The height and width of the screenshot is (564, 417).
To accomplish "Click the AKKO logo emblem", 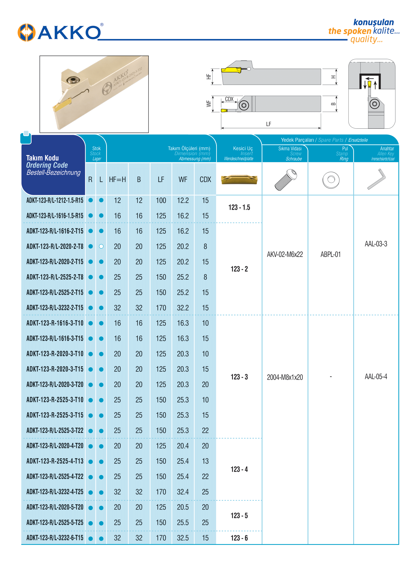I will point(26,33).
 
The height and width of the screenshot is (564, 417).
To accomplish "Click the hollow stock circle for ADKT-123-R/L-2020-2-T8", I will point(101,246).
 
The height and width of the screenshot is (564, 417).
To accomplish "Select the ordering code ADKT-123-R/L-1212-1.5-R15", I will point(55,200).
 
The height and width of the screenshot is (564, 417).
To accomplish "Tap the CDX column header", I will point(205,180).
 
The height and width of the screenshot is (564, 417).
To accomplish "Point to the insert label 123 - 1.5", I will point(239,207).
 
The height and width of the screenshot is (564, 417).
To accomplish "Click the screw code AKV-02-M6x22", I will point(285,254).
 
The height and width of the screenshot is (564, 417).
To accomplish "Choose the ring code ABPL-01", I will point(331,254).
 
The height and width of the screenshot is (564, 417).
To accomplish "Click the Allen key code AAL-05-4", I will point(376,377).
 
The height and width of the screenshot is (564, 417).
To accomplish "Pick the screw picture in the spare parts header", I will point(285,180).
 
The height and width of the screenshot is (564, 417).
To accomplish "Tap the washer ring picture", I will point(331,180).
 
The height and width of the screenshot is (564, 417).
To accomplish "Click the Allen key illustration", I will point(376,179).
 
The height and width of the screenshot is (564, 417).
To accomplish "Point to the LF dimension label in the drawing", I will point(269,124).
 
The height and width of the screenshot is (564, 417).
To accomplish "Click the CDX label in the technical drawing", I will point(229,99).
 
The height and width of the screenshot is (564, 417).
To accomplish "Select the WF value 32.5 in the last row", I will point(183,538).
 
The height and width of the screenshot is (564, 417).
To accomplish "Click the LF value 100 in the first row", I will point(161,200).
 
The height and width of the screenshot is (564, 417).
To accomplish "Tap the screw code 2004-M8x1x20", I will point(285,377).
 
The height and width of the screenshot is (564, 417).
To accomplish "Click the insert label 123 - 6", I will point(239,538).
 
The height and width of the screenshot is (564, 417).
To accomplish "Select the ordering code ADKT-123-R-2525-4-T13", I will point(55,461).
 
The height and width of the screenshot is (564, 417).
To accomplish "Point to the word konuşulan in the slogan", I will point(373,22).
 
